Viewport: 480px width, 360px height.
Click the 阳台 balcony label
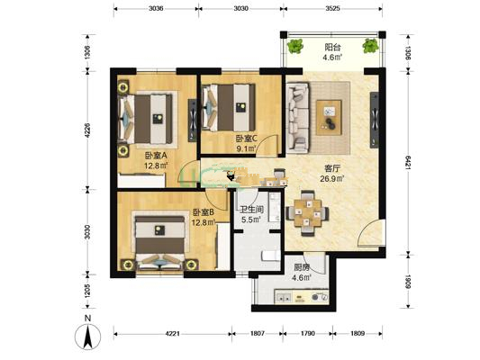(332, 47)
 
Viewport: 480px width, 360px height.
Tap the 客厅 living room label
(332, 168)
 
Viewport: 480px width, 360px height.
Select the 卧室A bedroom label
(156, 156)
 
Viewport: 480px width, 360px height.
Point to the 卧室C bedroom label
(247, 139)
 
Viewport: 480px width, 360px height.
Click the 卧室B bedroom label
(204, 212)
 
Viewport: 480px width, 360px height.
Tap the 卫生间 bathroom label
(251, 210)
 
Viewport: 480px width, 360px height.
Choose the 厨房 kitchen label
(302, 267)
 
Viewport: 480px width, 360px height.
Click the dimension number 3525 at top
(332, 9)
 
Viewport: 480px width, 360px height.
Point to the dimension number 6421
(408, 163)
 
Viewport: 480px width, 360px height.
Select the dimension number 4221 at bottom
(173, 333)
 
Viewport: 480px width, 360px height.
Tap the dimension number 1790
(308, 333)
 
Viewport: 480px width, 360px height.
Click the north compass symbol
(88, 337)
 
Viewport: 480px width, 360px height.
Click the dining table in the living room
(308, 213)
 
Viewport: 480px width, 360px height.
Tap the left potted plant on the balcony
(295, 46)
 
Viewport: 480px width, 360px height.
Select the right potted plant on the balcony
(370, 46)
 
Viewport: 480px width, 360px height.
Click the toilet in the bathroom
(270, 256)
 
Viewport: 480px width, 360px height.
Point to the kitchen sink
(284, 297)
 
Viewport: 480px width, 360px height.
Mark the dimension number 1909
(408, 282)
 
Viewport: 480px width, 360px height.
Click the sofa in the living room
(298, 118)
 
